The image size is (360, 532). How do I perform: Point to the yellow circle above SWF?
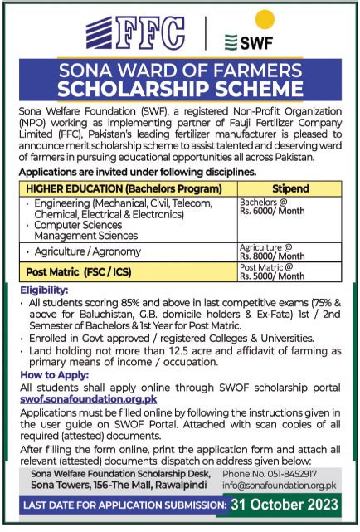[x=264, y=18]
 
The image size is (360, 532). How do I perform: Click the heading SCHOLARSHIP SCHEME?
[x=180, y=88]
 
